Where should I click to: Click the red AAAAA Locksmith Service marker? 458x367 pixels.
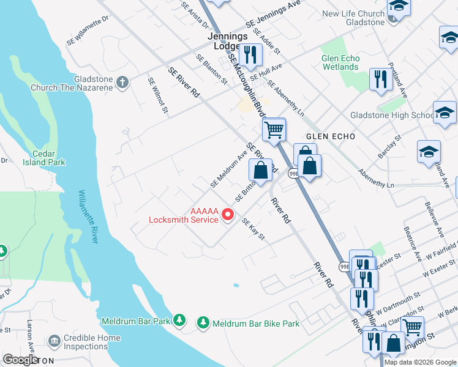coord(228,214)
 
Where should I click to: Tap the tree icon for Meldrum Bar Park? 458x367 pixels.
coord(179,319)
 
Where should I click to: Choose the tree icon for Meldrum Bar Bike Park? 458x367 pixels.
coord(203,322)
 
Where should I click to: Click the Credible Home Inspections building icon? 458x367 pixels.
coord(54,340)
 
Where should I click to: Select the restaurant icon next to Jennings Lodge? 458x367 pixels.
coord(250,54)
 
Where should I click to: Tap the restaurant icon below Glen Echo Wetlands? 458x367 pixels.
coord(380,79)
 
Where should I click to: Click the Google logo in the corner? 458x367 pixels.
coord(21,360)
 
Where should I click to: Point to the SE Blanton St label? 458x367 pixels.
coord(211,69)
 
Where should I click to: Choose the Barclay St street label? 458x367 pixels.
coord(389,147)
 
